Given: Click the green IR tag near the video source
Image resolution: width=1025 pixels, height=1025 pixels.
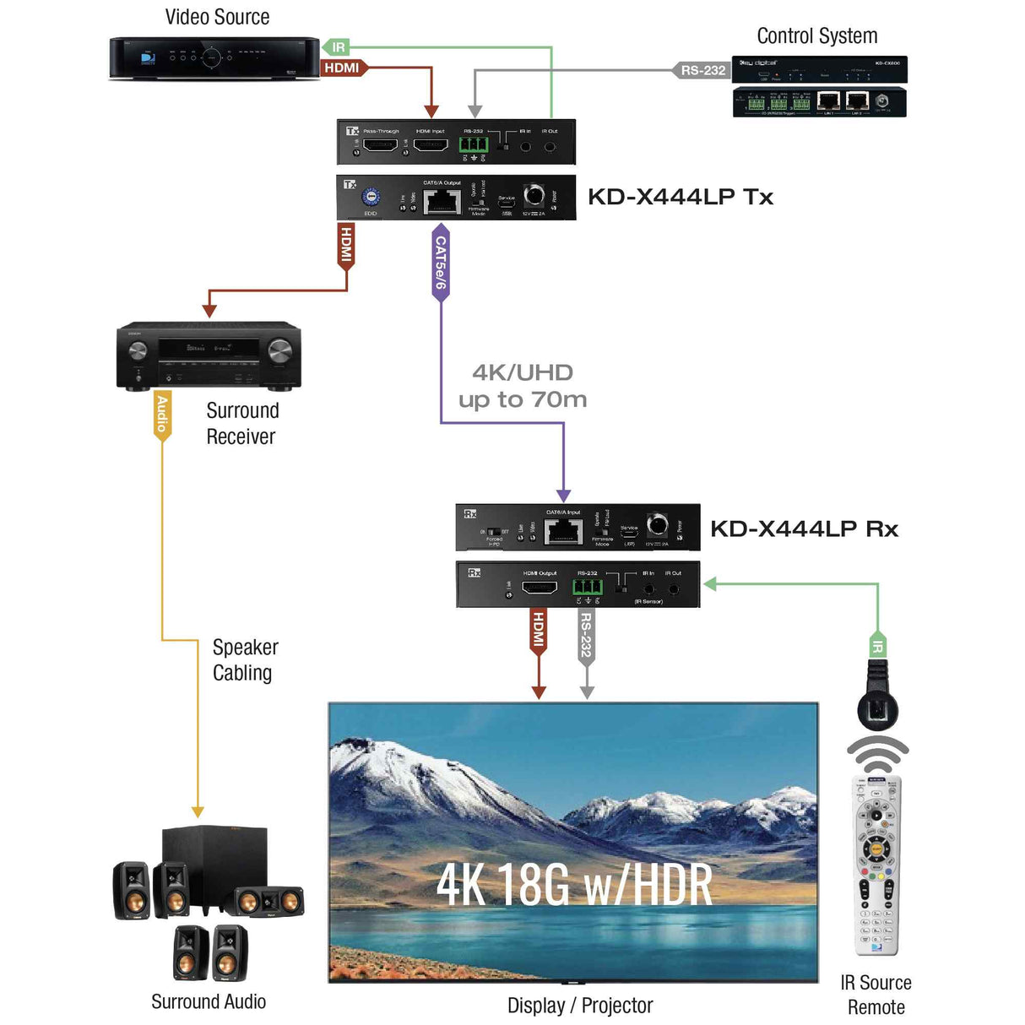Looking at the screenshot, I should tap(336, 47).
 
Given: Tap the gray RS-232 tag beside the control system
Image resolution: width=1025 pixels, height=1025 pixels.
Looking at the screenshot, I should tap(702, 70).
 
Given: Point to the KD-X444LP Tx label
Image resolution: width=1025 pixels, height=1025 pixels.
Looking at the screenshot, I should tap(680, 197).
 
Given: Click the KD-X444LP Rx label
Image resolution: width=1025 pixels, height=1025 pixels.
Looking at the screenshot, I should tap(803, 529).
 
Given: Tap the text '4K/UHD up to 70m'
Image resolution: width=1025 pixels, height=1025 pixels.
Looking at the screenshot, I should tap(523, 386).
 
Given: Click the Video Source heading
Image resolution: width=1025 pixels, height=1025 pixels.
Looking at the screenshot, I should tap(217, 17).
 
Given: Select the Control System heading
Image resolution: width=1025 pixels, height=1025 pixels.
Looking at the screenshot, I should tap(816, 36).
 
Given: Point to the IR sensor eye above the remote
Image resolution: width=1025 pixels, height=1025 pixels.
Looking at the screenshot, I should tap(877, 708).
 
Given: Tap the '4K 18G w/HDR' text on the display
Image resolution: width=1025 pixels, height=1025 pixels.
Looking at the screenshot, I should tap(574, 885).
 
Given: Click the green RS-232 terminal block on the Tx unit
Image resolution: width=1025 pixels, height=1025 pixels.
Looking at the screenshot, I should tap(473, 144).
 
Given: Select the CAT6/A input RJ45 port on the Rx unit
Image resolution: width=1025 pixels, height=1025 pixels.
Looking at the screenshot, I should tap(563, 532).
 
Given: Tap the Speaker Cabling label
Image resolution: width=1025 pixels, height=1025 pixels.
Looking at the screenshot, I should tap(245, 659).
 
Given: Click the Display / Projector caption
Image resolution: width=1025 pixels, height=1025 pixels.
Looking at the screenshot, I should tap(580, 1006).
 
